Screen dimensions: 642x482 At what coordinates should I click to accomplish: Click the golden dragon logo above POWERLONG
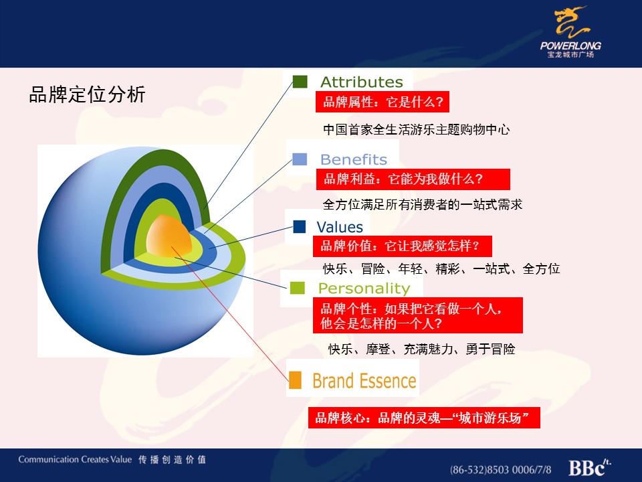click(571, 23)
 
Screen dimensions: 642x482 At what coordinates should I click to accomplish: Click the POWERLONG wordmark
click(570, 46)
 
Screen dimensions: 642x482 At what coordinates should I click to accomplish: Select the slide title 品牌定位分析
click(87, 94)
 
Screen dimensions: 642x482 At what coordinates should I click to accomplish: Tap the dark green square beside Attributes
click(300, 82)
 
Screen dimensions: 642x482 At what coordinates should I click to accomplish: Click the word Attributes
click(362, 82)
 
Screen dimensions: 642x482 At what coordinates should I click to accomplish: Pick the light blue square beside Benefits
click(300, 159)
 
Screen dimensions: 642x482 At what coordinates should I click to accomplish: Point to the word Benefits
click(353, 159)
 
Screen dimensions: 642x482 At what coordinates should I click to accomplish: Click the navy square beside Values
click(300, 227)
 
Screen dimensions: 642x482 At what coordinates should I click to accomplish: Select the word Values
click(340, 227)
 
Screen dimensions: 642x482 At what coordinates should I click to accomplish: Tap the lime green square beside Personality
click(297, 288)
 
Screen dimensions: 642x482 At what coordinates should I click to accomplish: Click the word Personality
click(364, 289)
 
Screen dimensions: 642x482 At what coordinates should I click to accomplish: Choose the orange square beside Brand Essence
click(295, 380)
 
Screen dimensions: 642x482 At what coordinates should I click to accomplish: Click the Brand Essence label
click(364, 381)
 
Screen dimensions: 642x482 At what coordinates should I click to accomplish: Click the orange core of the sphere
click(169, 236)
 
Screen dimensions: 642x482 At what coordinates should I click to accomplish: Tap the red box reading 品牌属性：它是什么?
click(383, 102)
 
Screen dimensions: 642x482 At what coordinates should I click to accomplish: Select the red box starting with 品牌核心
click(424, 418)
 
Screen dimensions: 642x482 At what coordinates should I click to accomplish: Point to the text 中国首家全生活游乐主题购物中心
click(417, 130)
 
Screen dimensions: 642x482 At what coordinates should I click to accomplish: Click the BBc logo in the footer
click(589, 468)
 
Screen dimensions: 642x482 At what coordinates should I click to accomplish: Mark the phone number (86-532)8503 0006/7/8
click(500, 469)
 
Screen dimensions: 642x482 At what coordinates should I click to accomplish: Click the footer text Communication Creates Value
click(75, 459)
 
